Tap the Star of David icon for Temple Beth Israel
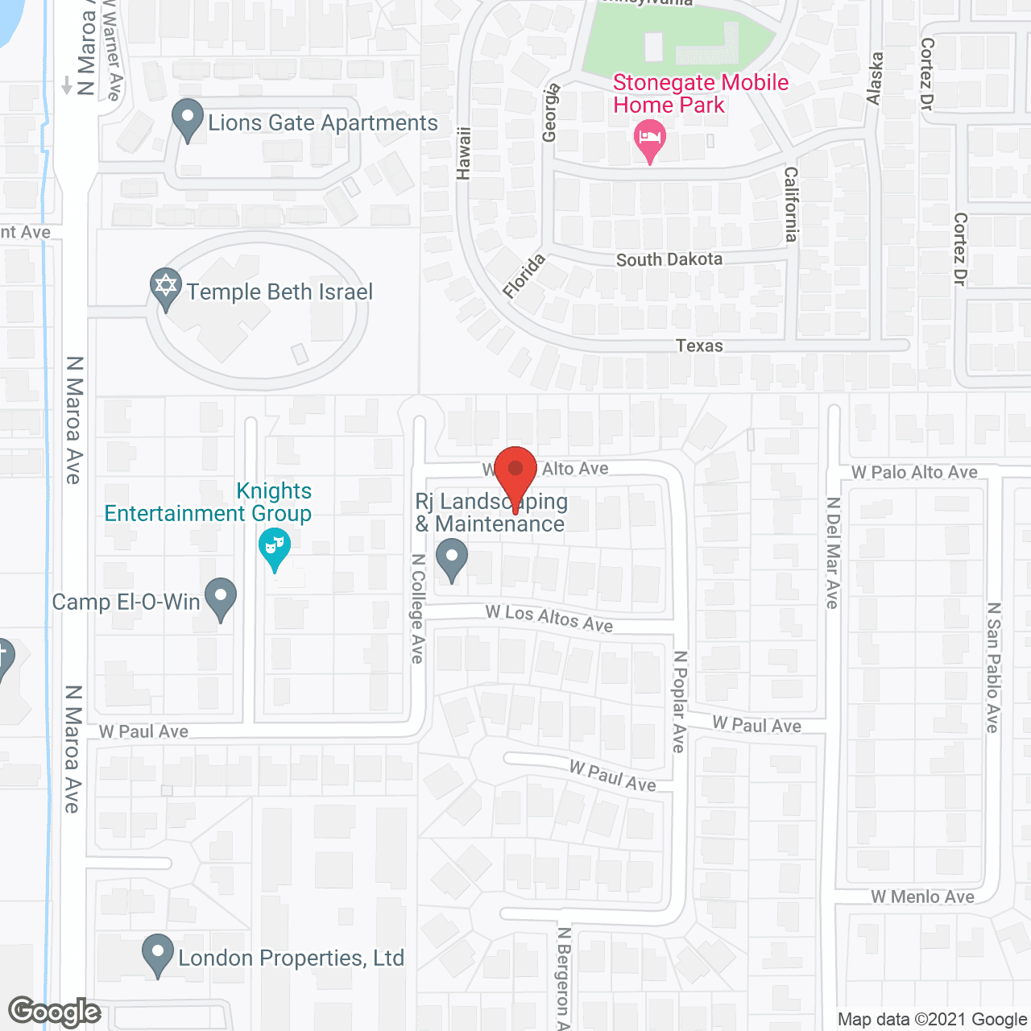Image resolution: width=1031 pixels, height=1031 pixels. [x=166, y=287]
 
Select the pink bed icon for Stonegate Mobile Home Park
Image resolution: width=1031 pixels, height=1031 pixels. [x=650, y=139]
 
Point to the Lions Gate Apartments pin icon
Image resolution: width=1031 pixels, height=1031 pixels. [x=188, y=118]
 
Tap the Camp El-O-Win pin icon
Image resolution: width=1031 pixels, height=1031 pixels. [x=221, y=597]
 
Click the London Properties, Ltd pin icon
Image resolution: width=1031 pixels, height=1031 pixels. [x=158, y=953]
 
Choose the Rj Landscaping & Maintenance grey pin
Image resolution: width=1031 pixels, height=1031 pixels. [x=452, y=557]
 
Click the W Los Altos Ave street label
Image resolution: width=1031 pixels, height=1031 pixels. [x=549, y=618]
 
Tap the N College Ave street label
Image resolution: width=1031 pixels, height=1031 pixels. [x=417, y=609]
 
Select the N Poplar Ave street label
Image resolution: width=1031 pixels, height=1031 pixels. [x=679, y=702]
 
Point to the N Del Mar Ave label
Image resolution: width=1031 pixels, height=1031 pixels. [x=833, y=553]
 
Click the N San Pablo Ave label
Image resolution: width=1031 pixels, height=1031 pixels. [x=994, y=668]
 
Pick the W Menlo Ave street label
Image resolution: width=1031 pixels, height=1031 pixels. [x=922, y=896]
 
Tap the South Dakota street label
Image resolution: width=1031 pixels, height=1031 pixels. [x=669, y=259]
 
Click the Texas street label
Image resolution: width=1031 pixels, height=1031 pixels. [x=699, y=346]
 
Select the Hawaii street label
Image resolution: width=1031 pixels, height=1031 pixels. [x=463, y=152]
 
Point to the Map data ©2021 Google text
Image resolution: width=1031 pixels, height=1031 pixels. [x=932, y=1020]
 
